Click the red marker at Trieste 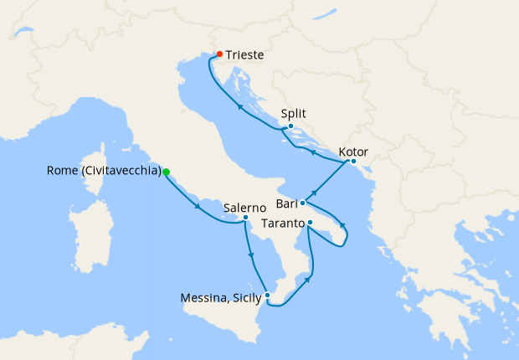pos(219,55)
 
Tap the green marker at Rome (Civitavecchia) pos(166,172)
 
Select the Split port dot pos(290,126)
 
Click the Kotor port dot pos(353,161)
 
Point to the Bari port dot pos(302,203)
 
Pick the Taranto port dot pos(309,223)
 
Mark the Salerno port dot pos(245,218)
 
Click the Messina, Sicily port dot pos(267,294)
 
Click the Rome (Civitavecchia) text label pos(105,172)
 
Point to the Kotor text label pos(353,152)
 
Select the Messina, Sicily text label pos(219,296)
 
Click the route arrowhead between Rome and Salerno pos(198,206)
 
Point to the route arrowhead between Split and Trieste pos(239,107)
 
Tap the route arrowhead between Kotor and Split pos(311,153)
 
